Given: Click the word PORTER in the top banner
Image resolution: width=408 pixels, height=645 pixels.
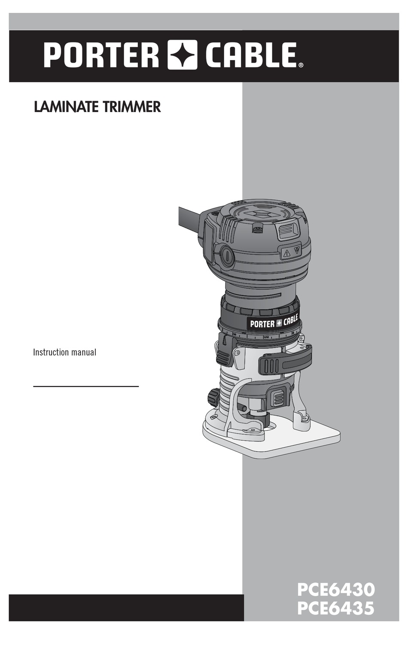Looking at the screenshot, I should coord(101,55).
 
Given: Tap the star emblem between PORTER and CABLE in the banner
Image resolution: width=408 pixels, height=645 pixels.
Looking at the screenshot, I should coord(182,55).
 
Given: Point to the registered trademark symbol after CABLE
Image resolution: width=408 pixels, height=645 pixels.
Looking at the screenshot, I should coord(301,65).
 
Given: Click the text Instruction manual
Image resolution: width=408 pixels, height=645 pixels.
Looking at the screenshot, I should coord(65,352).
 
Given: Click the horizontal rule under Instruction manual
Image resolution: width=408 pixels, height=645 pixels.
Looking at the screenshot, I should coord(86,386).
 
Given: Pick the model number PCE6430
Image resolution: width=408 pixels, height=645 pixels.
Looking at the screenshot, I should coord(336,590).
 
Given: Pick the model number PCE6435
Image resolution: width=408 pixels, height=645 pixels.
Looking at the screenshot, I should coord(336,608).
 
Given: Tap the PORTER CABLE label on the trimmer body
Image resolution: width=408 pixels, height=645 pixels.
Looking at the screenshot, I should coord(274,322).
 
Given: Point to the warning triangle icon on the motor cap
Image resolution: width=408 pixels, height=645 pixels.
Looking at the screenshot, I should coord(286,253).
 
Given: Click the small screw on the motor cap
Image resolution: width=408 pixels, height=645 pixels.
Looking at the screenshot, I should coord(258,229).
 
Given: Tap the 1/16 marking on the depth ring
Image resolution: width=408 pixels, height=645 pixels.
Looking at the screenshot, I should coord(266,337).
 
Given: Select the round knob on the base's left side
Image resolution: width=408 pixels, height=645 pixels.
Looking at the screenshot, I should coord(213,397).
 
